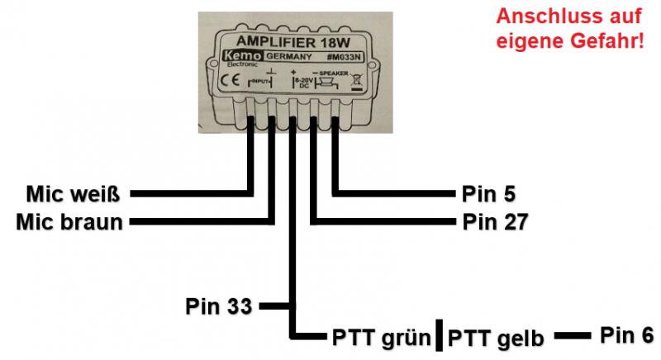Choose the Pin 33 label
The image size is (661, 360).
point(218,306)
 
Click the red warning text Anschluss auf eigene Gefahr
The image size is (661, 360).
point(569,28)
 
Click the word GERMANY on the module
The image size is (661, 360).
point(288,56)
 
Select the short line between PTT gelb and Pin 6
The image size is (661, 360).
point(571,336)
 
